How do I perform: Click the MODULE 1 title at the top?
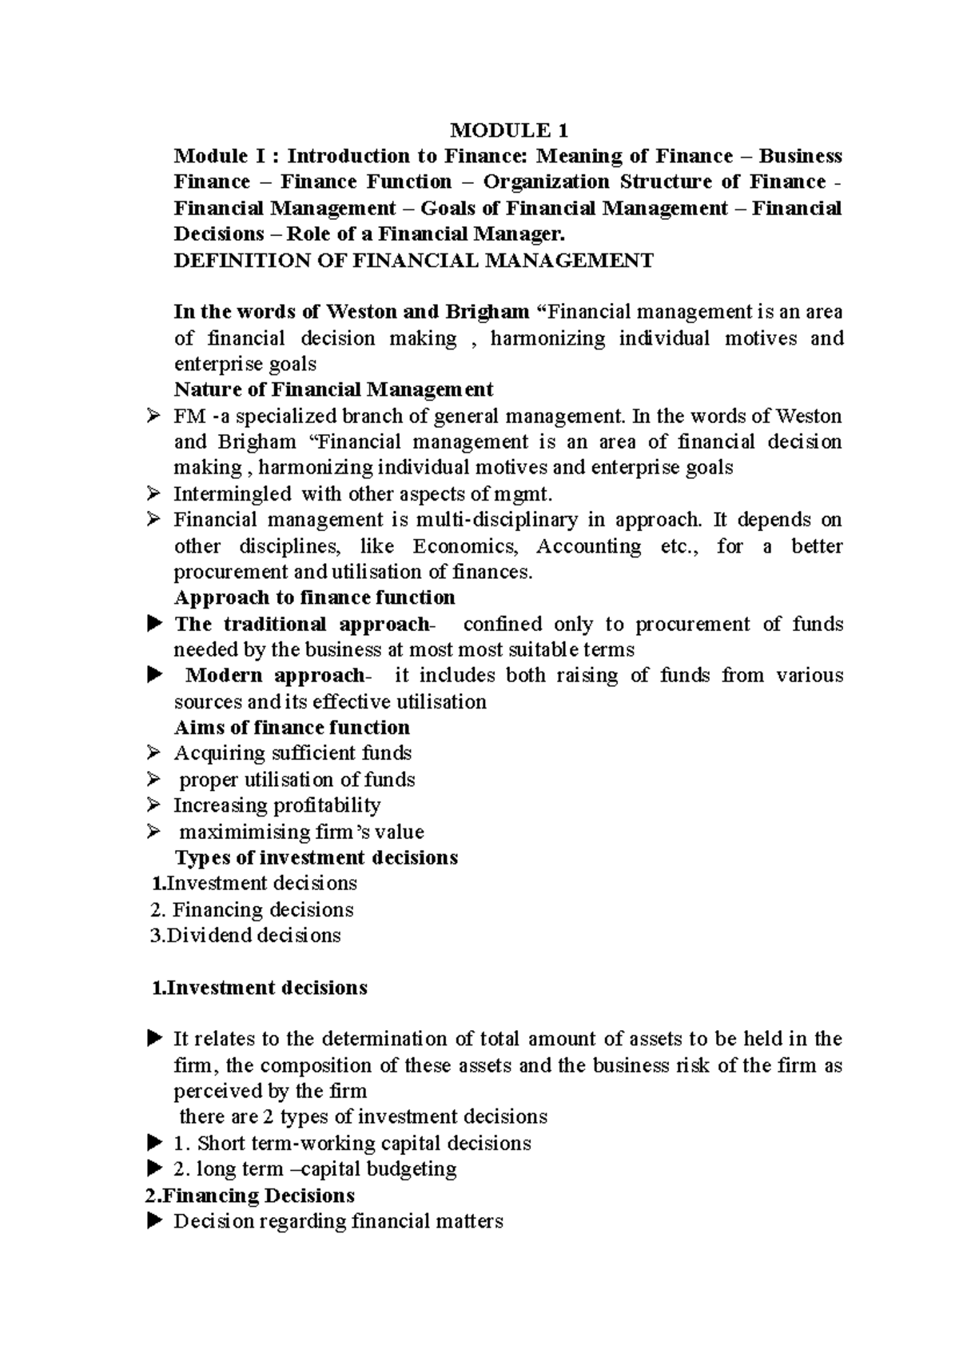coord(509,130)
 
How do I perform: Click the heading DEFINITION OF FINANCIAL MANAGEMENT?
coord(413,260)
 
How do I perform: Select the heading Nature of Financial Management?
coord(333,389)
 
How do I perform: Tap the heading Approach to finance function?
coord(314,597)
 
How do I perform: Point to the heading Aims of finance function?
coord(292,727)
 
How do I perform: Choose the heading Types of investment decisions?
coord(316,857)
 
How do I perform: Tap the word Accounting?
coord(588,546)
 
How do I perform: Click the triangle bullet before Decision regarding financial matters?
coord(155,1221)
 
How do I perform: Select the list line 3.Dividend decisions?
coord(246,935)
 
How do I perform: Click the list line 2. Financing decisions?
coord(253,909)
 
